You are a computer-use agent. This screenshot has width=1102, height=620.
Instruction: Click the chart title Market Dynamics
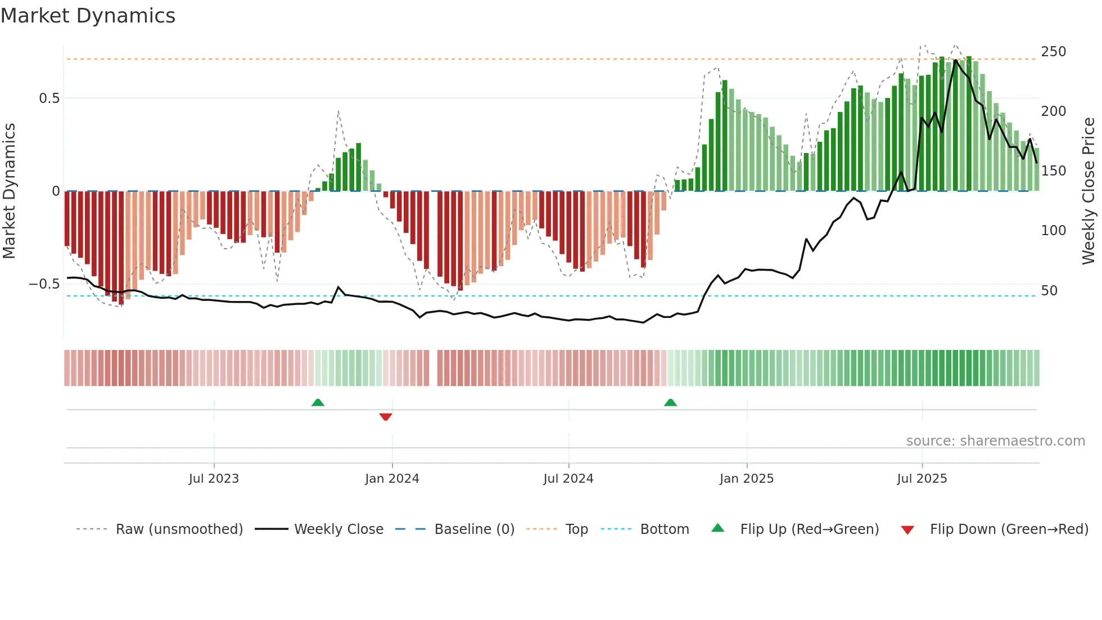click(88, 16)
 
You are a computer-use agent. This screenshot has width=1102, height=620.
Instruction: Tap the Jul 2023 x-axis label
click(214, 479)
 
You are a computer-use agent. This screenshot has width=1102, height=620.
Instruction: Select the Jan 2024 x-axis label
click(392, 479)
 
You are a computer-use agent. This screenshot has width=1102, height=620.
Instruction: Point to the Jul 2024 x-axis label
click(568, 479)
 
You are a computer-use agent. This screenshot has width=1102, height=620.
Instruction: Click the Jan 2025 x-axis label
click(746, 479)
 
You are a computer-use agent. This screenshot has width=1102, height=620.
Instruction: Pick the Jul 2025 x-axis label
click(922, 479)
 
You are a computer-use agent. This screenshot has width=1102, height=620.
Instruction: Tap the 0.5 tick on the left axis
click(49, 98)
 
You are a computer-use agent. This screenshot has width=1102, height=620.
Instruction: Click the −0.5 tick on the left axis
click(44, 284)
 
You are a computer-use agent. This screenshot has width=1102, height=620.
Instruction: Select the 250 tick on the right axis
click(1053, 52)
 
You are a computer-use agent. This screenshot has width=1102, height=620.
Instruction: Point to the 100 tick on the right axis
click(1053, 231)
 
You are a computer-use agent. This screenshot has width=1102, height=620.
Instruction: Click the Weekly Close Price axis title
click(1089, 191)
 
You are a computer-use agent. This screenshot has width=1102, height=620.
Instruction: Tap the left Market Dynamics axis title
click(9, 191)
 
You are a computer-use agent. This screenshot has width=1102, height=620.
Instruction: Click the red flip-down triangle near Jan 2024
click(385, 417)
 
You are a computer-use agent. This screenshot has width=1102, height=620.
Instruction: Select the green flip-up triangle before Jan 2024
click(318, 402)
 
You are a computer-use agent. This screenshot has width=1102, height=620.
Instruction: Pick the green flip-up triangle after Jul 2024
click(670, 402)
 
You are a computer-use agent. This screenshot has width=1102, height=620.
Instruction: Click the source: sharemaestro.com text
click(995, 441)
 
